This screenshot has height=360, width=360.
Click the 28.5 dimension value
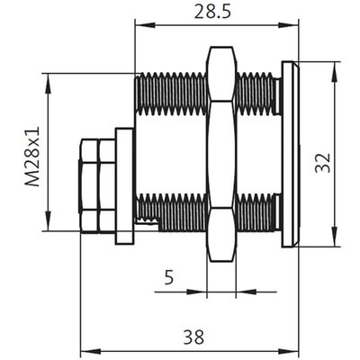[x=212, y=12]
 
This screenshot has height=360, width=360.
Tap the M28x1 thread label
[x=32, y=157]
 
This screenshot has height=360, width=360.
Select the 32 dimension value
[x=323, y=163]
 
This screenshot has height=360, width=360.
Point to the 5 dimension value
[x=169, y=277]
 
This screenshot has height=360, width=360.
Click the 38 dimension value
[x=194, y=337]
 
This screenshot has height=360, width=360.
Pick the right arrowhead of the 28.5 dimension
[x=289, y=25]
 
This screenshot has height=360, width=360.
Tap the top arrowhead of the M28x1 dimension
[x=48, y=83]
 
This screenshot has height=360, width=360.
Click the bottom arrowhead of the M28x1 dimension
[x=48, y=220]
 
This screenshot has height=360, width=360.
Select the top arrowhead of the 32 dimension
[x=335, y=72]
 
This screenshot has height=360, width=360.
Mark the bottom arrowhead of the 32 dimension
[x=335, y=237]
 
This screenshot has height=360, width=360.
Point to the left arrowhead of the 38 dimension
[x=91, y=351]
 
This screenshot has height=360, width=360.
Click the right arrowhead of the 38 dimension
[x=289, y=351]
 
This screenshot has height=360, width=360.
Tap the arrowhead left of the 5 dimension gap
[x=197, y=292]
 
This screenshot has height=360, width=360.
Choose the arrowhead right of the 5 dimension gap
[x=246, y=292]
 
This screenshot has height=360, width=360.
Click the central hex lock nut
[x=221, y=154]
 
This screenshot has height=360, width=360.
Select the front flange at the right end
[x=290, y=154]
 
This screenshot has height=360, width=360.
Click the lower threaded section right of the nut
[x=256, y=212]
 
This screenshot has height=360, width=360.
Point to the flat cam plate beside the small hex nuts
[x=125, y=186]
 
